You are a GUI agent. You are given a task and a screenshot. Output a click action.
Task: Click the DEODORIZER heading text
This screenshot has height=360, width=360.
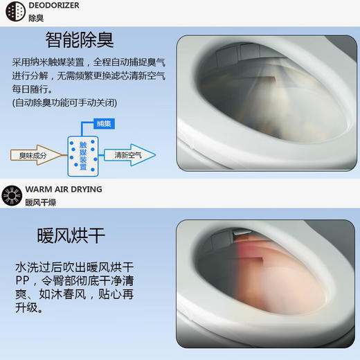(54, 6)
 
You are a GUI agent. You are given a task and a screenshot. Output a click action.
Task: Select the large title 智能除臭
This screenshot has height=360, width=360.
(80, 39)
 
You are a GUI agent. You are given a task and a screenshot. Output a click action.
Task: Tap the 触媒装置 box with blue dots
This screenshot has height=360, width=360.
(84, 153)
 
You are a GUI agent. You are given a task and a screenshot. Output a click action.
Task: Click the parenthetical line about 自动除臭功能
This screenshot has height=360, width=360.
(64, 102)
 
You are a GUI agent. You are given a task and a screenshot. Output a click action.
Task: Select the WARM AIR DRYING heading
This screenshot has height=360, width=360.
(64, 189)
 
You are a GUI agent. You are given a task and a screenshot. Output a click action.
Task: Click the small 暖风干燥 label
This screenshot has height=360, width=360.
(41, 202)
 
